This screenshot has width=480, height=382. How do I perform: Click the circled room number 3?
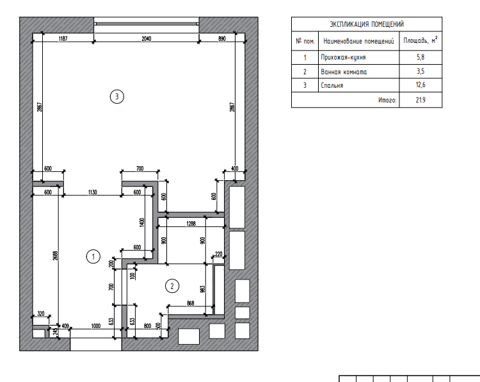tap(116, 97)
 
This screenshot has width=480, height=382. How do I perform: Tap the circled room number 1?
tap(93, 256)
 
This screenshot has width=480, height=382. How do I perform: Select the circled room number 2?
tap(172, 286)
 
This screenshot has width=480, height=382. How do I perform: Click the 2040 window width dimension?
tap(147, 38)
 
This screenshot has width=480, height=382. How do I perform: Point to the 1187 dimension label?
tap(63, 38)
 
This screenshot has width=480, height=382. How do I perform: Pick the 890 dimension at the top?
tap(222, 38)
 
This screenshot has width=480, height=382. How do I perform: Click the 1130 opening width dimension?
tap(92, 192)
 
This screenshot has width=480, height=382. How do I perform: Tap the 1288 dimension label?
tap(191, 224)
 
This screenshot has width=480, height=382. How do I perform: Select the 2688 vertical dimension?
tap(56, 256)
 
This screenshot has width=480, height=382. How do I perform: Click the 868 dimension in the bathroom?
tap(191, 303)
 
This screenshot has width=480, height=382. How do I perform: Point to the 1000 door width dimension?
tap(96, 326)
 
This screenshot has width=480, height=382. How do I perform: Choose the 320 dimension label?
tap(41, 313)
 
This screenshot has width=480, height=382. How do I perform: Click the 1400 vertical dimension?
tap(141, 222)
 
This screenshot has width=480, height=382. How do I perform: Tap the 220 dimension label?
tap(219, 254)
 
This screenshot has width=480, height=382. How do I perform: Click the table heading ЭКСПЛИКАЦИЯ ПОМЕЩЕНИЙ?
tap(367, 24)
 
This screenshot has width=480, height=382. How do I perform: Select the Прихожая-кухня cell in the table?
tap(343, 57)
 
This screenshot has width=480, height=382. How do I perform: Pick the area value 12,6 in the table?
tap(420, 85)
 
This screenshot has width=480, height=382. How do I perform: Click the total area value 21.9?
tap(420, 100)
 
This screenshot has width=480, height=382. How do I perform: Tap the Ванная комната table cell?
tap(344, 72)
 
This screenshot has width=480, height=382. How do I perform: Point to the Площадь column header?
tap(420, 40)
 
